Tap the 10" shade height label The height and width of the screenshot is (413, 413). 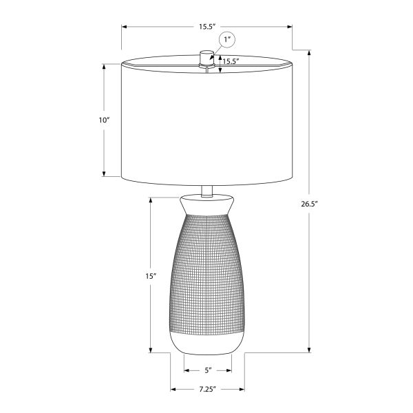tap(104, 120)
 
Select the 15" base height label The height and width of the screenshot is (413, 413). tap(151, 275)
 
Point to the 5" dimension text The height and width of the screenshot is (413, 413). tap(208, 370)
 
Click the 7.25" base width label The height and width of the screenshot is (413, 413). tap(207, 389)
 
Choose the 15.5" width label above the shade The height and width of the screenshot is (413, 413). tap(207, 27)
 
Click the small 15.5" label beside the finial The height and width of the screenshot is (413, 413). tap(230, 61)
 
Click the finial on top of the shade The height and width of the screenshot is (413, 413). tap(204, 56)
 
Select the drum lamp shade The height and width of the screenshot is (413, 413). tap(206, 124)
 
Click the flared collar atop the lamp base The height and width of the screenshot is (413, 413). tap(206, 204)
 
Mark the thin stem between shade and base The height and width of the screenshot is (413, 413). tap(206, 191)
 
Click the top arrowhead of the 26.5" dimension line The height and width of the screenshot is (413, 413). tap(309, 52)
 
